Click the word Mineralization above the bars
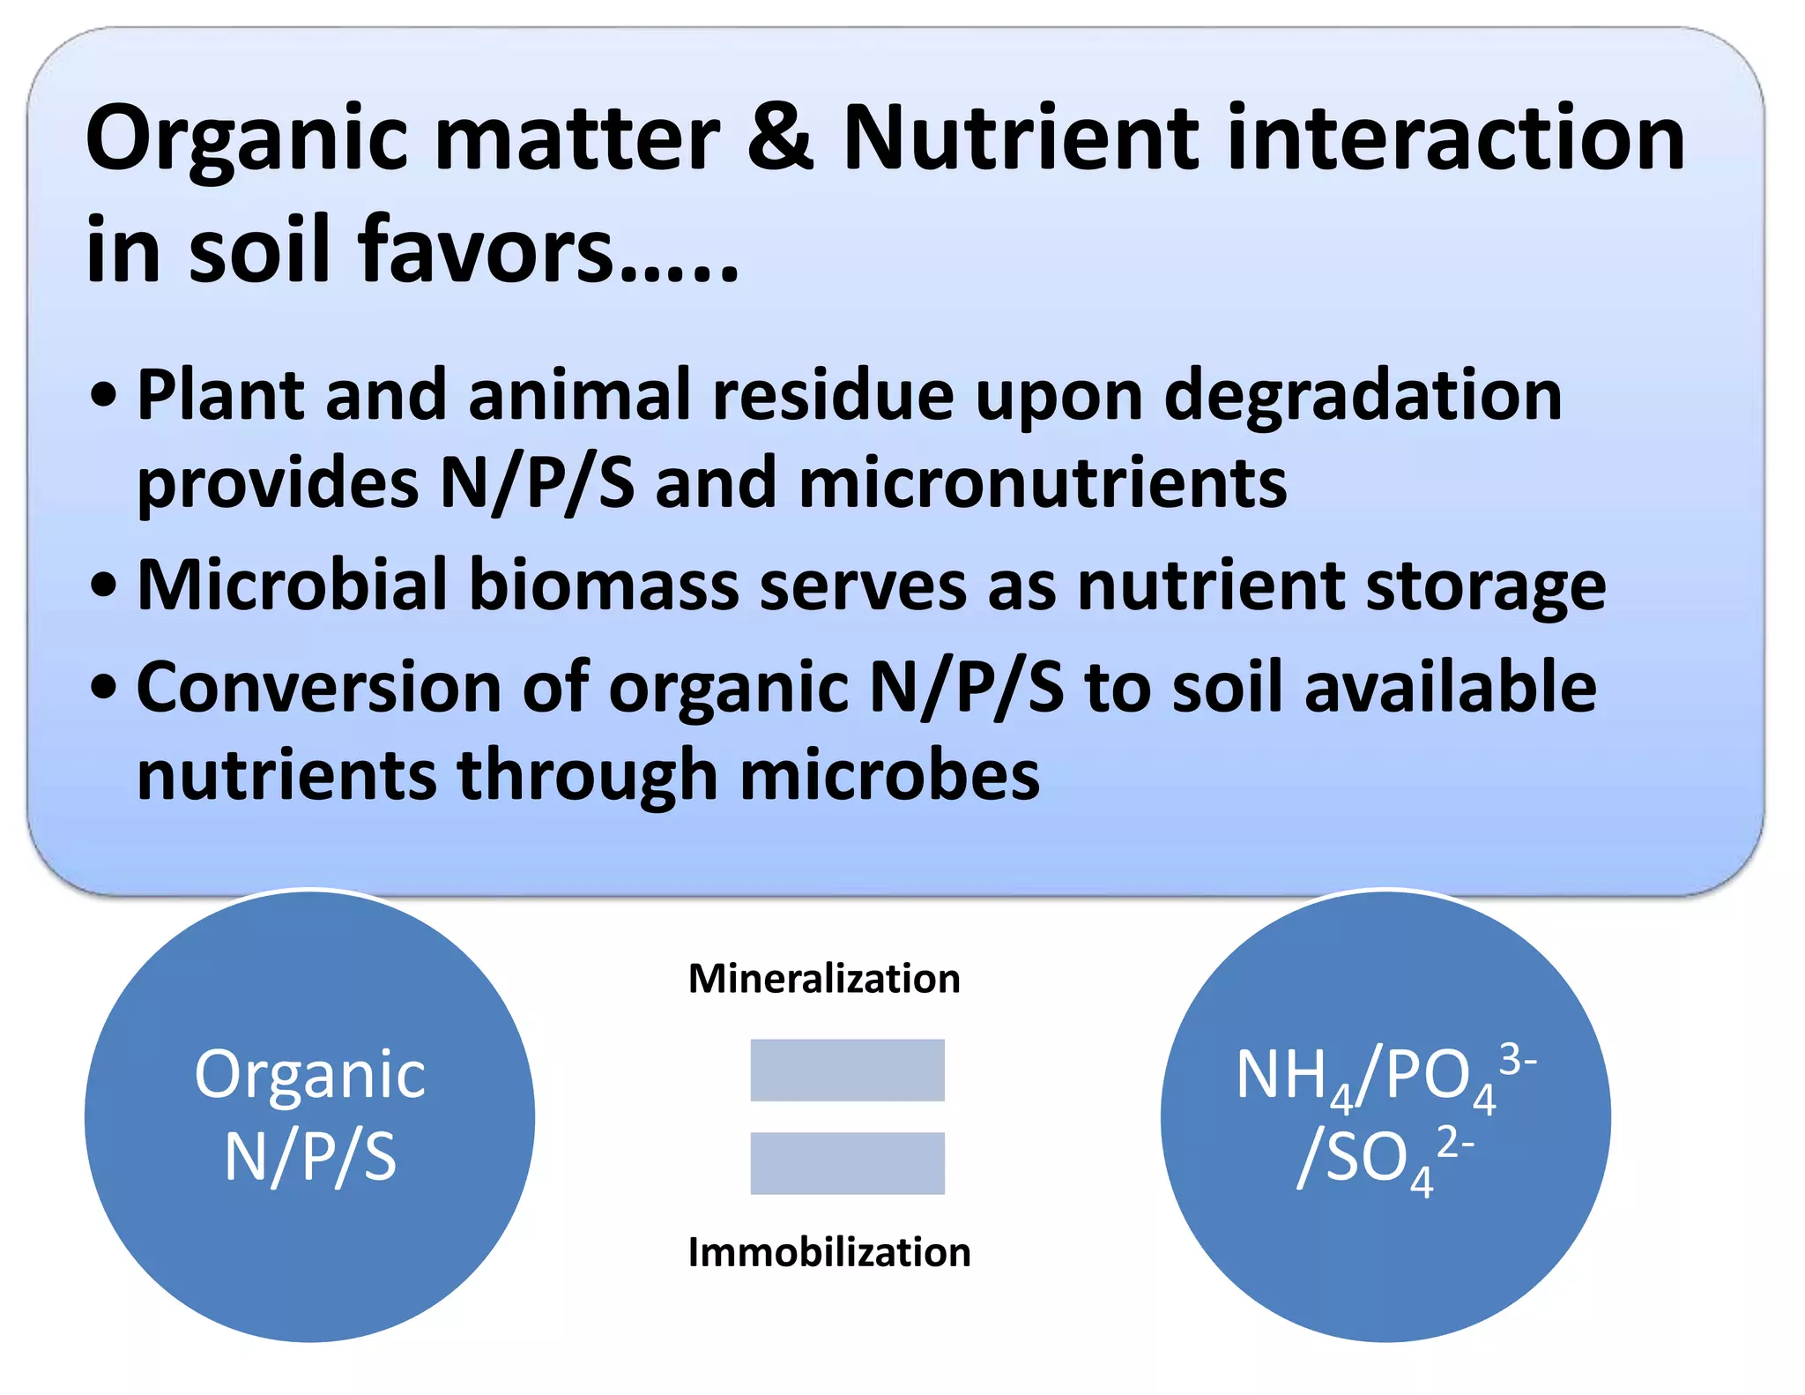[824, 979]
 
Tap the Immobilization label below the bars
[829, 1252]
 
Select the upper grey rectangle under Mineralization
[847, 1070]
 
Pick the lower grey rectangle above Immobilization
[847, 1163]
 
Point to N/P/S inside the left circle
[310, 1157]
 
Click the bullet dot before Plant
[104, 395]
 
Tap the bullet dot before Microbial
[104, 585]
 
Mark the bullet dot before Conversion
[104, 687]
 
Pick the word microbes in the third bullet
[889, 775]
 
